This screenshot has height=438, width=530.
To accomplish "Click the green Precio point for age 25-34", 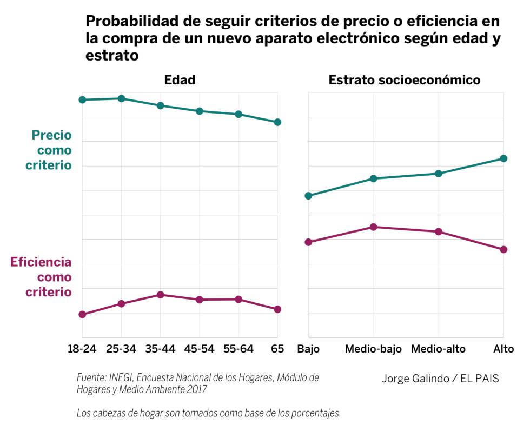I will (x=122, y=98).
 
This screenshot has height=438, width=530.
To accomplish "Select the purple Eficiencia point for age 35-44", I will (x=161, y=295).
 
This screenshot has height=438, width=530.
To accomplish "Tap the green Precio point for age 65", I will (x=277, y=122).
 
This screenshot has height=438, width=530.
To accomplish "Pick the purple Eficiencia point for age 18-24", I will (x=82, y=314).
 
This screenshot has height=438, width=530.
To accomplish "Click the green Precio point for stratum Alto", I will (x=504, y=158).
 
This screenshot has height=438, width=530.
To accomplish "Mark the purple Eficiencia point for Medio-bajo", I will (x=373, y=227).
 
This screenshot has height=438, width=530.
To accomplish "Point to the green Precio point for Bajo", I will (x=308, y=196).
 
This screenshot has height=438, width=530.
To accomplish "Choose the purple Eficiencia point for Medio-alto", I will (x=439, y=231).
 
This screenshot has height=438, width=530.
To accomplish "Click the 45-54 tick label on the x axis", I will (x=199, y=349).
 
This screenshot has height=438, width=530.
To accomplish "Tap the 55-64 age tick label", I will (x=238, y=349).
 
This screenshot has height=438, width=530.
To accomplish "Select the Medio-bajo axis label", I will (x=373, y=349).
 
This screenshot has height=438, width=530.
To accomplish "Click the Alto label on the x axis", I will (x=503, y=349).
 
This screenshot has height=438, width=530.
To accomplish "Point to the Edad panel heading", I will (x=180, y=80).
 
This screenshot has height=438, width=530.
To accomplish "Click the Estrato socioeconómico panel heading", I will (x=405, y=80).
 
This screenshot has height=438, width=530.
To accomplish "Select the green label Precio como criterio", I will (x=49, y=150).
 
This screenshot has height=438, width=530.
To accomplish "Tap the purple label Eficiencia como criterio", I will (x=41, y=277).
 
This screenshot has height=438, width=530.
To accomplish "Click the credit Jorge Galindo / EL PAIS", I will (x=440, y=379).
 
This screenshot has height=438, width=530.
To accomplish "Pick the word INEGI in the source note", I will (x=124, y=378).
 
